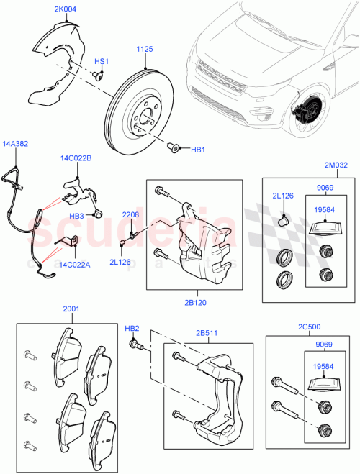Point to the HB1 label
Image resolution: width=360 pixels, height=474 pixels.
tap(197, 150)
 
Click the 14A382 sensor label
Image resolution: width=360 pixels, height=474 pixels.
tap(16, 143)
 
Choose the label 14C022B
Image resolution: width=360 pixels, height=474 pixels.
tap(76, 158)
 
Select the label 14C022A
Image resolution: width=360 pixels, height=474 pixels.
tap(73, 265)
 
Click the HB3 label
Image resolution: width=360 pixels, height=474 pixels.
tap(77, 216)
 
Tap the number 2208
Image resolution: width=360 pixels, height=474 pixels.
tap(130, 215)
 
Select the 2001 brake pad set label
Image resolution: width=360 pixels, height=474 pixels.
tap(71, 310)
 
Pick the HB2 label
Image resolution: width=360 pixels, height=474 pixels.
tap(132, 328)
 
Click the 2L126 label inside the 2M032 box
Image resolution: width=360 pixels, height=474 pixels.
tap(282, 196)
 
